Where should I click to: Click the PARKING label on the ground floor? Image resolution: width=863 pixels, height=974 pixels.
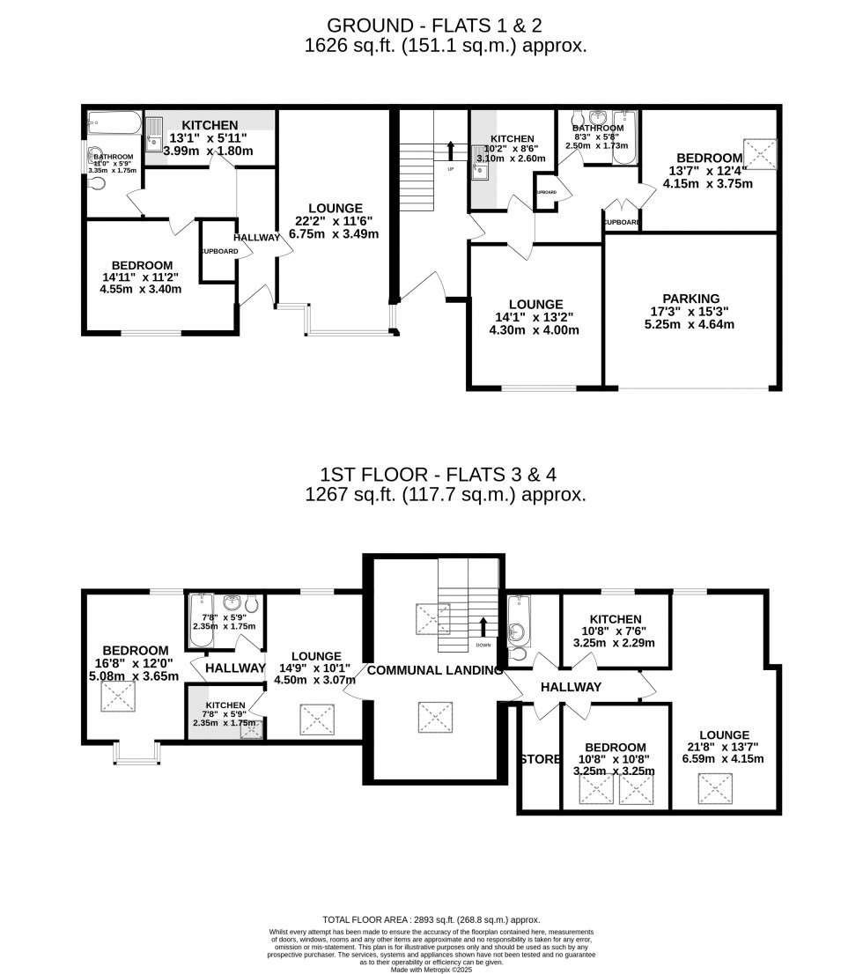(691, 299)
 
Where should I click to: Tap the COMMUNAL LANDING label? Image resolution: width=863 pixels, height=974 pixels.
(434, 670)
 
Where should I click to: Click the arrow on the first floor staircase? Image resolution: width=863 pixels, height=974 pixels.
(483, 628)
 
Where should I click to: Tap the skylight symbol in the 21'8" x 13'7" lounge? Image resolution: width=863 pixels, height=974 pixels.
(713, 784)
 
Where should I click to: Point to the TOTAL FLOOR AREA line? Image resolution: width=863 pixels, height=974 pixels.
(431, 919)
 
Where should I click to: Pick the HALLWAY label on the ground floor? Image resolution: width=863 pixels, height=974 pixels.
(256, 238)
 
